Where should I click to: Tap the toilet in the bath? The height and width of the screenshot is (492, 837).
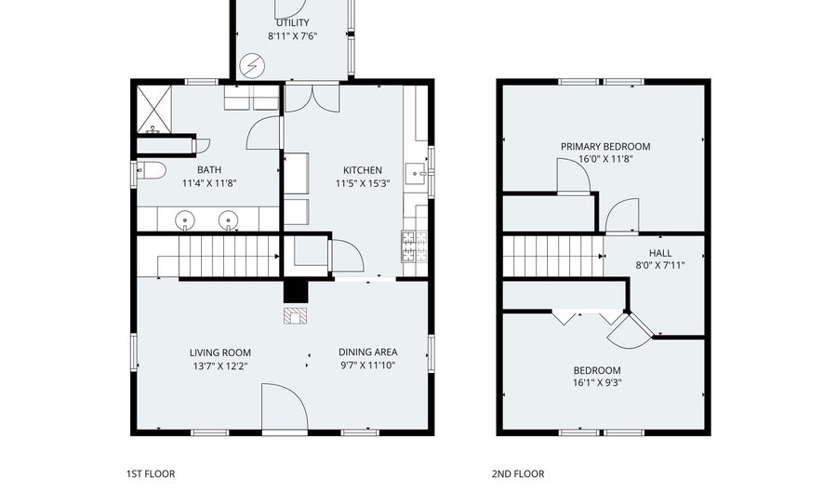click(x=151, y=170)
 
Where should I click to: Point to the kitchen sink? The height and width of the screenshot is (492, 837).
click(x=416, y=173)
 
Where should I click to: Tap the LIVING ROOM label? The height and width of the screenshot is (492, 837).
click(x=220, y=352)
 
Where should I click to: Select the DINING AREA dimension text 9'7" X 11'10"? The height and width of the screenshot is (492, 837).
click(x=367, y=366)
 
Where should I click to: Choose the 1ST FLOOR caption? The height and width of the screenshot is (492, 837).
click(x=150, y=473)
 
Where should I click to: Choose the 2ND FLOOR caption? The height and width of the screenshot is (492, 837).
click(x=518, y=473)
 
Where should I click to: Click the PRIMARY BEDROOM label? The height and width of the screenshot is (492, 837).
click(x=604, y=146)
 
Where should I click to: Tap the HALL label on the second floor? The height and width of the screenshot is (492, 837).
click(x=659, y=252)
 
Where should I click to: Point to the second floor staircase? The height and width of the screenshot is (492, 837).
click(x=553, y=256)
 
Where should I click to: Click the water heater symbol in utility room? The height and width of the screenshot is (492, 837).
click(x=252, y=65)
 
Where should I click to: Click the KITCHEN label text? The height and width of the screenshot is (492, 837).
click(x=362, y=170)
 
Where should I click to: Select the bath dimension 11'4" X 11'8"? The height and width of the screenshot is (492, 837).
click(x=208, y=183)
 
